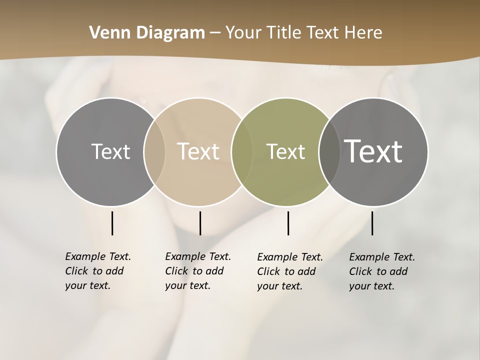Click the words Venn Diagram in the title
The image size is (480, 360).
(x=147, y=32)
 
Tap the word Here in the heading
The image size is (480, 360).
(x=363, y=32)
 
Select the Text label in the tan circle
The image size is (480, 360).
(x=198, y=151)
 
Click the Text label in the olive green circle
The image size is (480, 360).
(x=285, y=151)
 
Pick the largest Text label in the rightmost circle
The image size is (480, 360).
(x=373, y=151)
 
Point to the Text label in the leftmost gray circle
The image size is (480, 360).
(x=110, y=151)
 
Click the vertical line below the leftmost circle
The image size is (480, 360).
(x=112, y=223)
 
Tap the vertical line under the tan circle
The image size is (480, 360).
(x=200, y=223)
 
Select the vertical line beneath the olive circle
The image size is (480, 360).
(x=288, y=223)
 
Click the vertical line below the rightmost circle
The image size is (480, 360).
(x=372, y=223)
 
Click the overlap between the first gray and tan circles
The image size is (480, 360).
(x=154, y=151)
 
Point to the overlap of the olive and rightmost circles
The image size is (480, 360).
(x=329, y=151)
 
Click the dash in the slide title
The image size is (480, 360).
(x=215, y=33)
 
